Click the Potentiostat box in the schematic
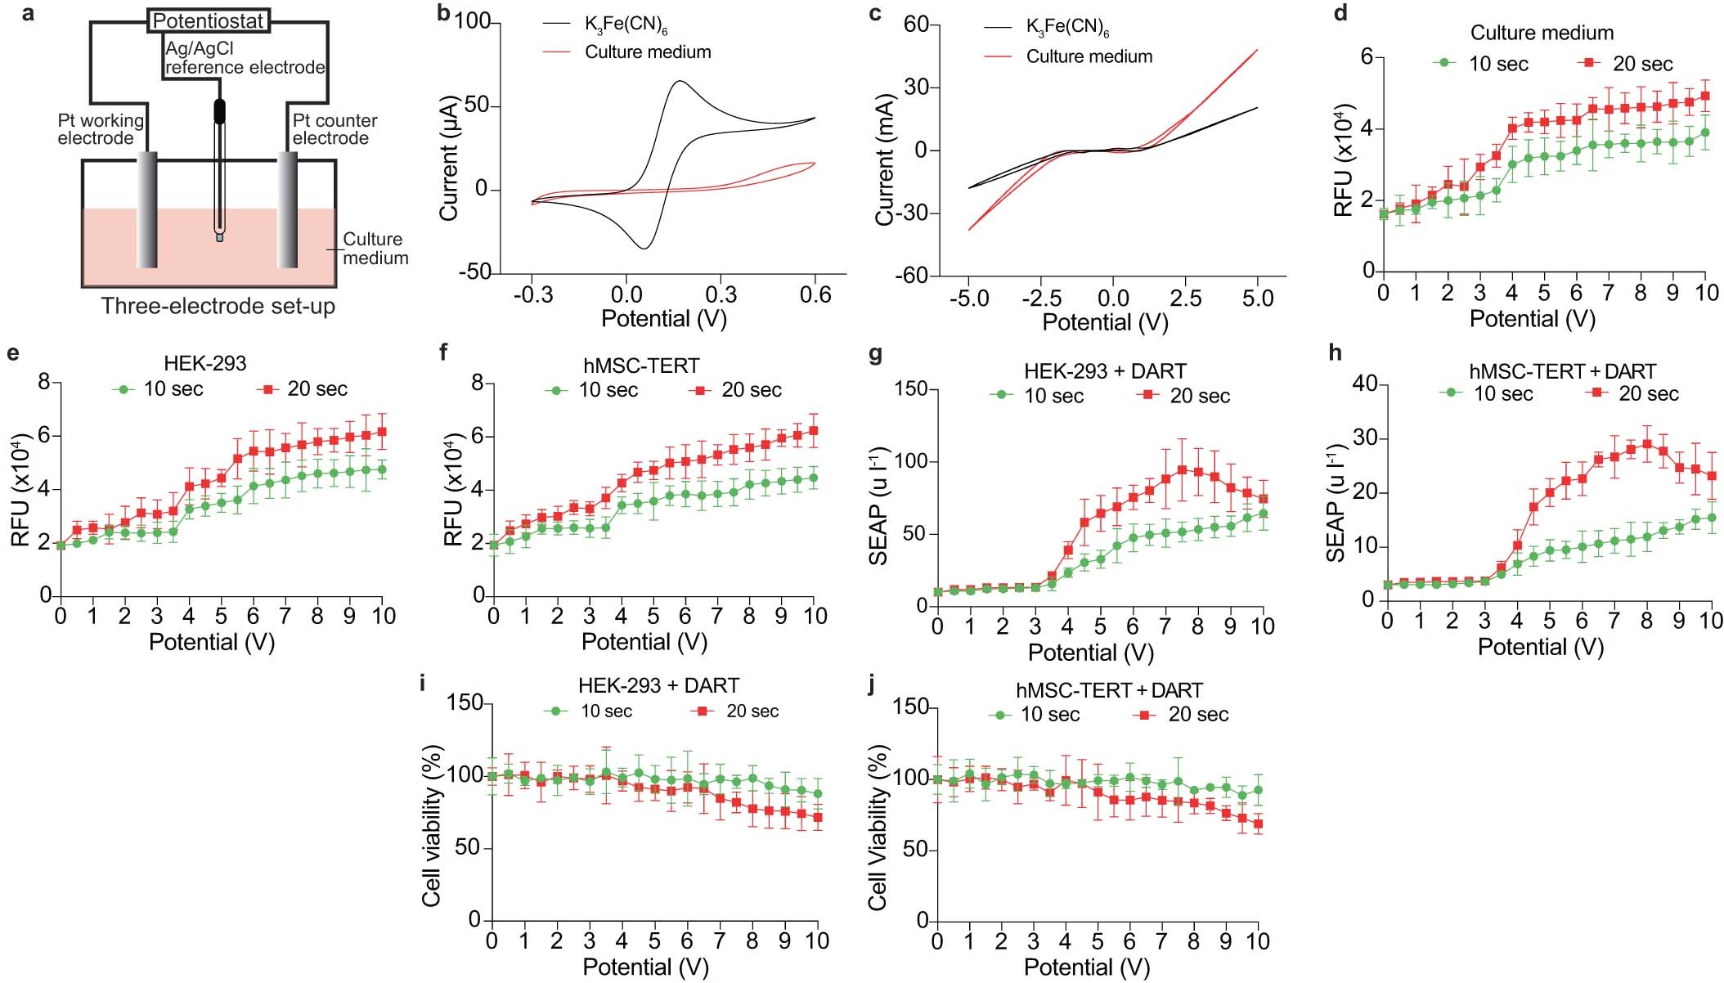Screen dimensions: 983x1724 click(x=209, y=20)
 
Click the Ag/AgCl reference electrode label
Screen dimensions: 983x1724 click(x=245, y=58)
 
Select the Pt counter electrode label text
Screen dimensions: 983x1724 click(x=334, y=129)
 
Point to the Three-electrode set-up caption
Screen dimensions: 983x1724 click(x=218, y=307)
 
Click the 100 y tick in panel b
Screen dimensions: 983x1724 click(x=472, y=22)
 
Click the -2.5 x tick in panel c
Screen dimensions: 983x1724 click(x=1041, y=298)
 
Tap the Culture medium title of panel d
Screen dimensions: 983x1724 click(x=1542, y=33)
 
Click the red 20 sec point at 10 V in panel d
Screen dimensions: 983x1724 click(x=1705, y=96)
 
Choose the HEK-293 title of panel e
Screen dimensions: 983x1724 click(x=204, y=363)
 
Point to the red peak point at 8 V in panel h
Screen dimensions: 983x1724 click(x=1646, y=445)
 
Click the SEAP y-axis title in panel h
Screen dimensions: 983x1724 click(x=1336, y=503)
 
